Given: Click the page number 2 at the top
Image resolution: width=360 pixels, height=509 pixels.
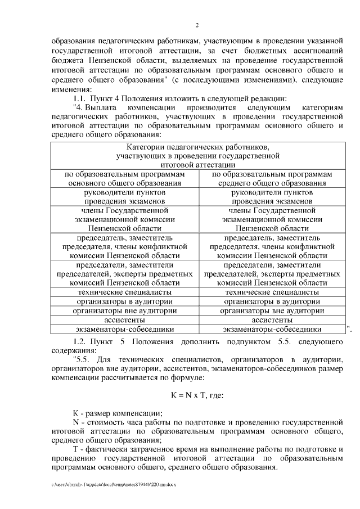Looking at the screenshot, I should [197, 25].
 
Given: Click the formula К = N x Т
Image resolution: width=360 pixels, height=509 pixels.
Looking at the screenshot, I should [197, 395].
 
